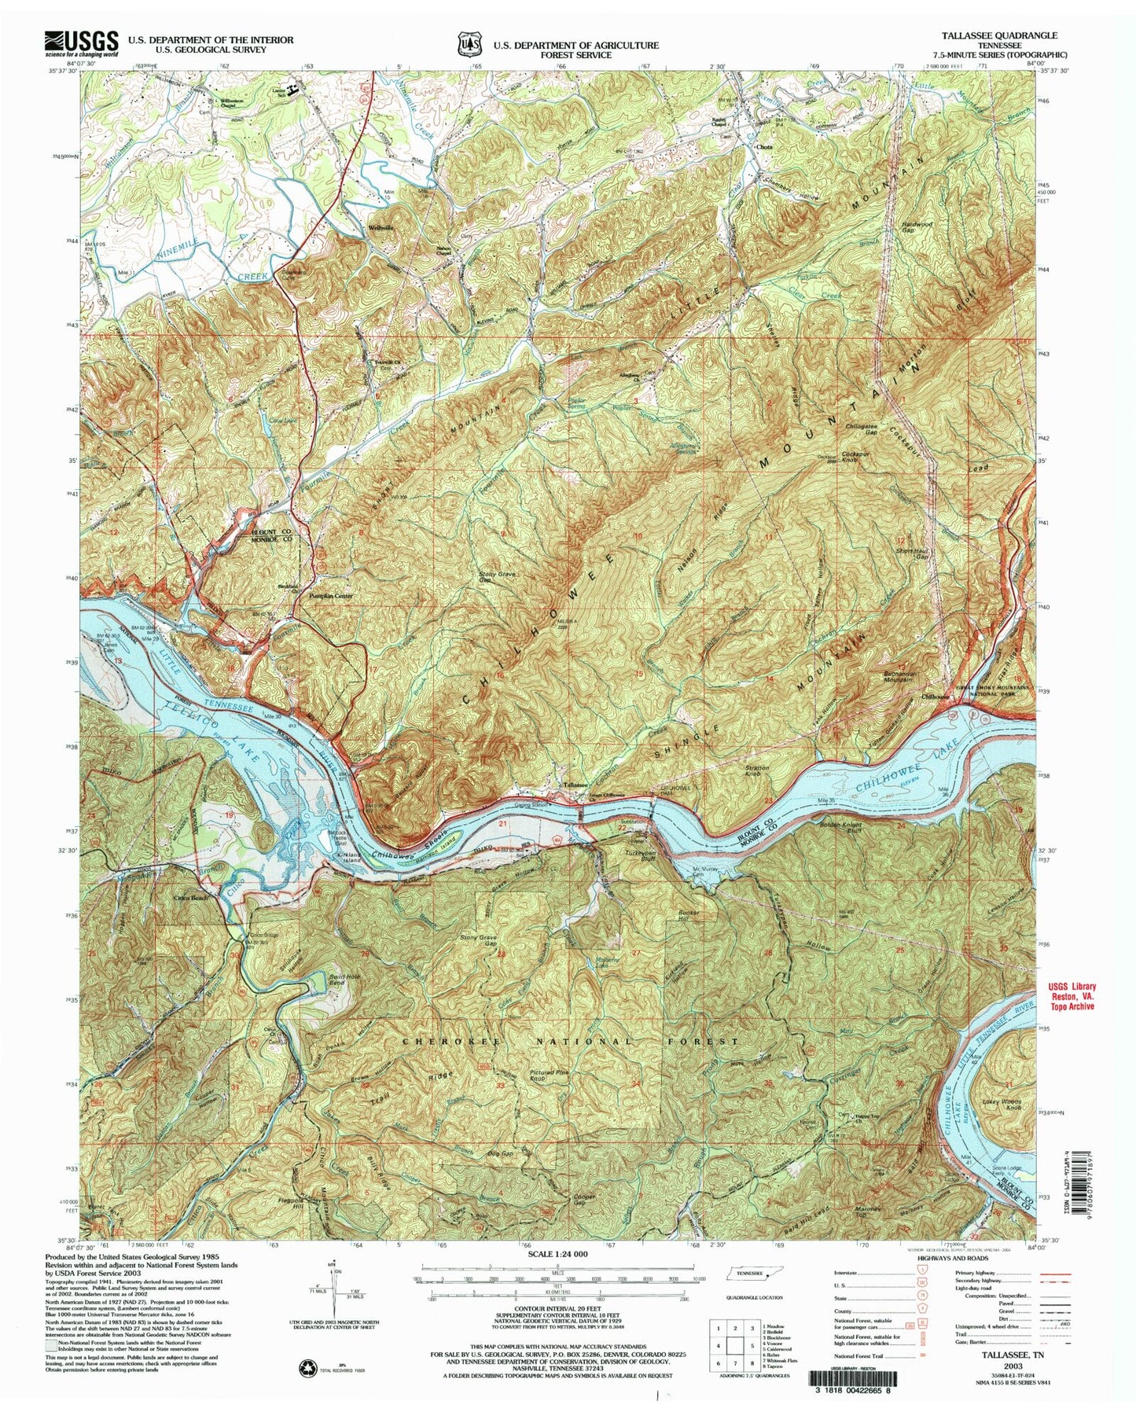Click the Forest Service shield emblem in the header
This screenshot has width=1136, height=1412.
(x=469, y=45)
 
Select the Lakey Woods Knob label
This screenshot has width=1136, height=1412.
(x=1001, y=1107)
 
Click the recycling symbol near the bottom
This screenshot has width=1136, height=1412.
(x=302, y=1369)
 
